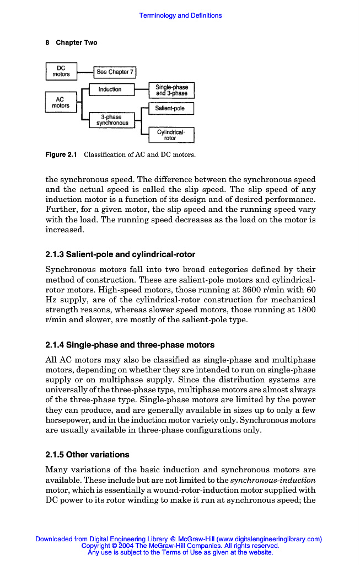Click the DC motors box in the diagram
pos(61,72)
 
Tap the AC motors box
pos(61,102)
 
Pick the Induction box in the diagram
pos(110,89)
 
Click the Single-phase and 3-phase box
pos(171,90)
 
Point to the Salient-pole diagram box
pos(171,109)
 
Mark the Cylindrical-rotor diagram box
pos(171,135)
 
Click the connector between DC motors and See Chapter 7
pos(85,72)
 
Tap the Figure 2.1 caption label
pos(61,154)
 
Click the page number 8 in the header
pos(47,42)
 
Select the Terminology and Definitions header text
pos(180,15)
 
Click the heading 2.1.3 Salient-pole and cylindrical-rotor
pos(120,255)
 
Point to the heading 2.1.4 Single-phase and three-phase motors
pos(130,345)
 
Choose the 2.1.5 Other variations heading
pos(87,455)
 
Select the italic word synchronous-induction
pos(272,480)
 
